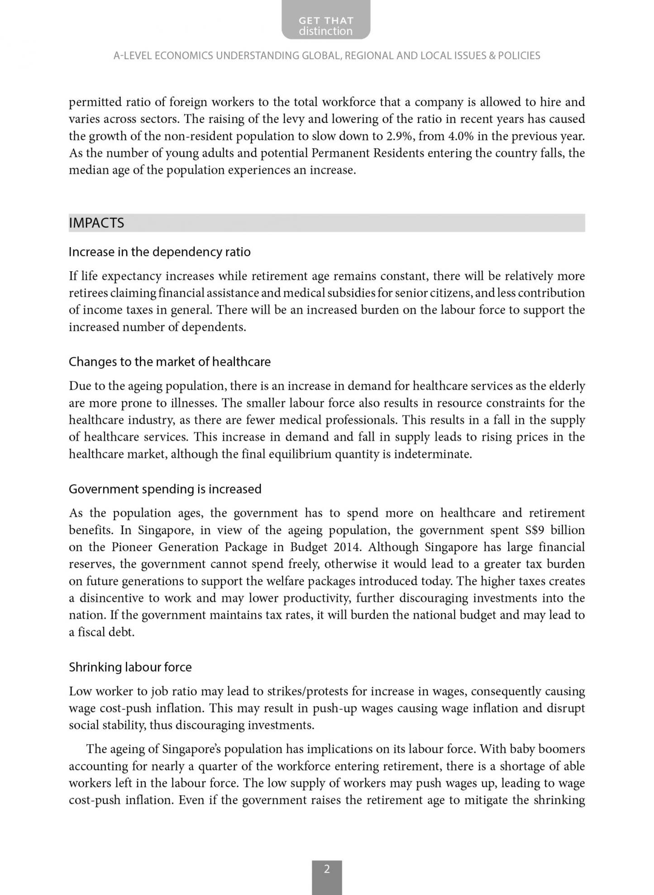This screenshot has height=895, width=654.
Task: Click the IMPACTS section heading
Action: pos(96,223)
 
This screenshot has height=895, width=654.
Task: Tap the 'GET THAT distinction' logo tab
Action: pos(326,26)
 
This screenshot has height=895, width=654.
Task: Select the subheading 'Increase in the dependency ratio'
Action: pos(159,252)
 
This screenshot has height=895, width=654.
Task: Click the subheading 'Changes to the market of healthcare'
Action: pos(170,362)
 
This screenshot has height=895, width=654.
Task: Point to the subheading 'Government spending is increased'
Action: pos(165,489)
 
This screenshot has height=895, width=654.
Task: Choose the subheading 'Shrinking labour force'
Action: pos(130,667)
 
